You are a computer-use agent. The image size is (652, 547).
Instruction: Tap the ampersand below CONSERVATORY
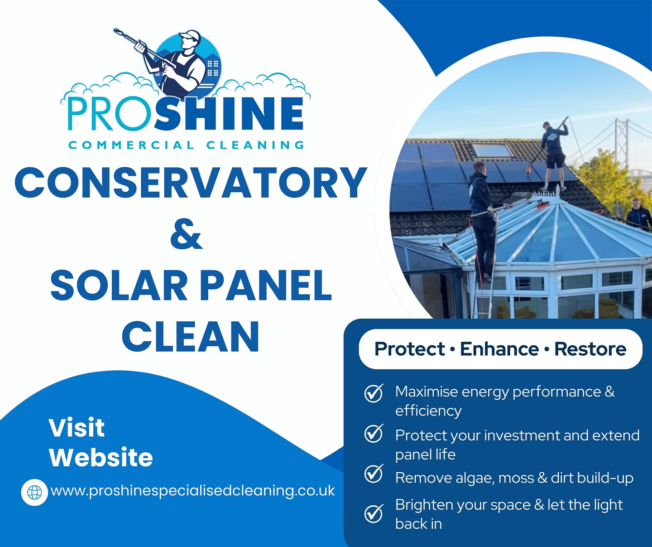[186, 234]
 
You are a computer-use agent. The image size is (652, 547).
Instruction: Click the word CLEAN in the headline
[191, 337]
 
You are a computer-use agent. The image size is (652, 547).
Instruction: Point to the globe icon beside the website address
[34, 492]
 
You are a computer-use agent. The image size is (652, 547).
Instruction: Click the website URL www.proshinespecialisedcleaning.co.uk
[193, 490]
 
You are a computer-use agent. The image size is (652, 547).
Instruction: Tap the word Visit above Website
[77, 427]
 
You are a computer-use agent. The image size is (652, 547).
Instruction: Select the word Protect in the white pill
[409, 349]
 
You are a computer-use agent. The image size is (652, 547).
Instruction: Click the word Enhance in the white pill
[499, 349]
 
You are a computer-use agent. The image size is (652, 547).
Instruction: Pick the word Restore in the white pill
[590, 349]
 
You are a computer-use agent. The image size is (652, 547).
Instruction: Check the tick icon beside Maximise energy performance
[374, 393]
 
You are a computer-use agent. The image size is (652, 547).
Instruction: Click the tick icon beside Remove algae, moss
[374, 474]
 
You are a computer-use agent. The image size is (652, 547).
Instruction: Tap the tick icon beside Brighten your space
[374, 513]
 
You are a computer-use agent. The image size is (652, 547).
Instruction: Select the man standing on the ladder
[482, 218]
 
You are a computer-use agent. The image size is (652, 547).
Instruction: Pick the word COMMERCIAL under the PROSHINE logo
[131, 145]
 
